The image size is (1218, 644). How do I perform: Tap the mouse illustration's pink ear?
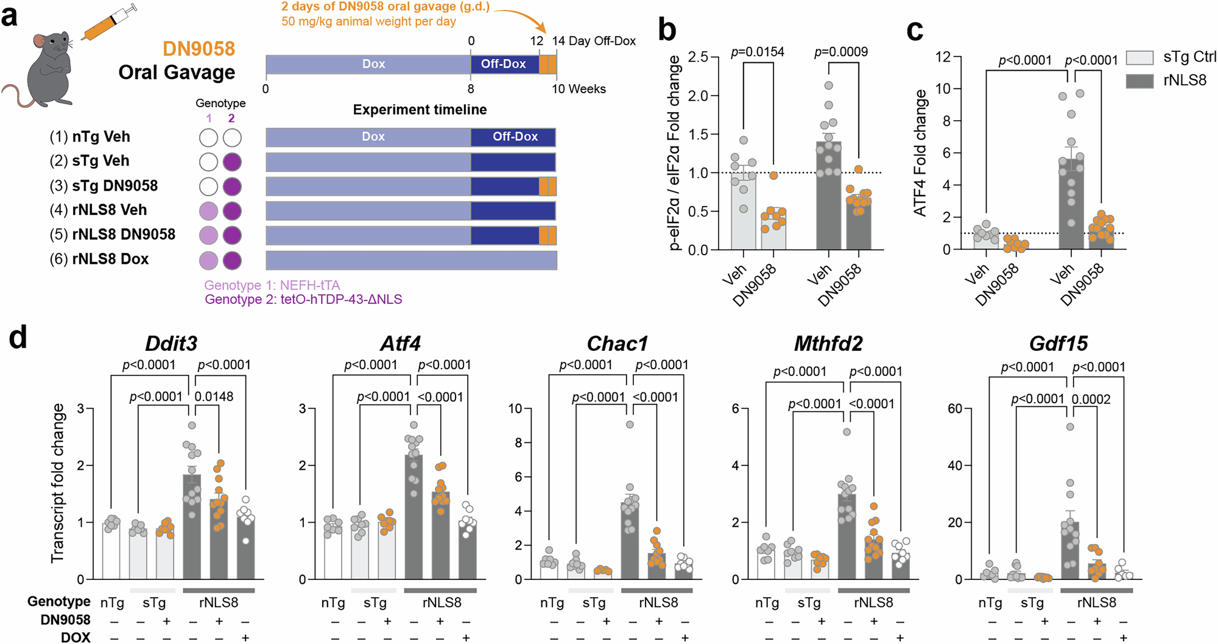pyautogui.click(x=40, y=41)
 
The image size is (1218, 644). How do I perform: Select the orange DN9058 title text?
pyautogui.click(x=199, y=49)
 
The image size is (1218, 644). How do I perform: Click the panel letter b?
pyautogui.click(x=667, y=29)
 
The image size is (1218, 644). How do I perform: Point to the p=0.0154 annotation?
pyautogui.click(x=758, y=52)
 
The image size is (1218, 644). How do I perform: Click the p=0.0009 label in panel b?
pyautogui.click(x=841, y=52)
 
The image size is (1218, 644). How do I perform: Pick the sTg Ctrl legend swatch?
pyautogui.click(x=1139, y=57)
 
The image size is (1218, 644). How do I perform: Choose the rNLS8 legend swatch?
pyautogui.click(x=1139, y=80)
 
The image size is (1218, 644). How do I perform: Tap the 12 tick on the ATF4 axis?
pyautogui.click(x=943, y=57)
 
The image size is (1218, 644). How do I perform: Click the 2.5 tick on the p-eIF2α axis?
pyautogui.click(x=698, y=57)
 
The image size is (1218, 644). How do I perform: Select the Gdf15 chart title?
pyautogui.click(x=1058, y=344)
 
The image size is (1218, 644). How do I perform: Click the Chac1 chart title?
pyautogui.click(x=617, y=344)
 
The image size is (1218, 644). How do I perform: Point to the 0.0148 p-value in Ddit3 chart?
pyautogui.click(x=214, y=397)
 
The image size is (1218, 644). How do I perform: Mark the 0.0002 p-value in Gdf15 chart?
pyautogui.click(x=1091, y=400)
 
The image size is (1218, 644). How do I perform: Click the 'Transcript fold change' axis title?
pyautogui.click(x=58, y=483)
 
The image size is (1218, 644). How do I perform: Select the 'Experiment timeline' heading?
pyautogui.click(x=420, y=110)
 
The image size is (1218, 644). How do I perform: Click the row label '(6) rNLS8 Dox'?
pyautogui.click(x=99, y=259)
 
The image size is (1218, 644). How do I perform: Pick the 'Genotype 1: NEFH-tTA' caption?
pyautogui.click(x=272, y=285)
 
